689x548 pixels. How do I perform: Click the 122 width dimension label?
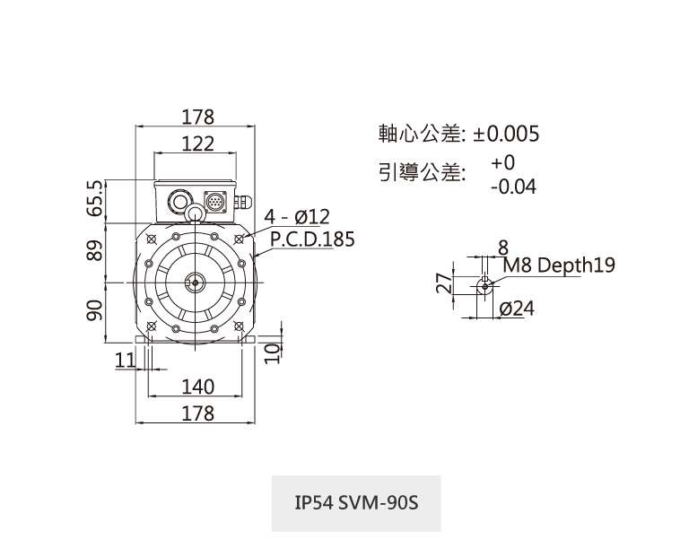pos(197,144)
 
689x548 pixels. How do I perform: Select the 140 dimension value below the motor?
pos(197,387)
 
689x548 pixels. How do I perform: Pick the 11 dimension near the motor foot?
pos(126,360)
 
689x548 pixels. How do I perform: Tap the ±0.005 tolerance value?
pos(507,135)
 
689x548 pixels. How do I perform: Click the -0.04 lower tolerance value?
pos(513,187)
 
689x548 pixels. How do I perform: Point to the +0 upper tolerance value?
pos(503,163)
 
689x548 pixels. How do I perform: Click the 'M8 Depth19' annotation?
pos(558,265)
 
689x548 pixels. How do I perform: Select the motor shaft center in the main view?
pos(196,283)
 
